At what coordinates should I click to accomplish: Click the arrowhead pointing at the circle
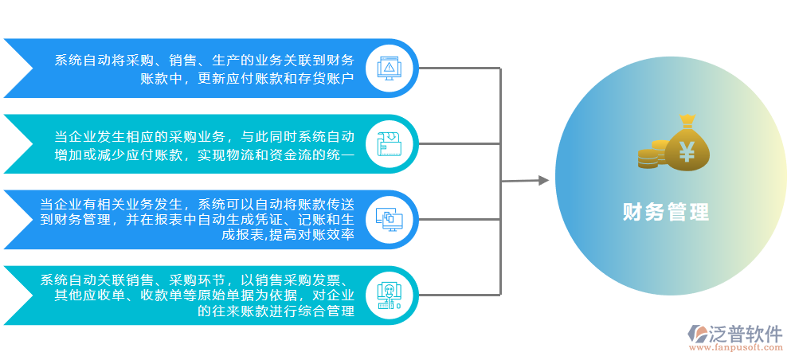[544, 181]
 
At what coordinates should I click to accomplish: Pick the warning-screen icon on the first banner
[389, 68]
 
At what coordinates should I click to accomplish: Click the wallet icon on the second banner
[389, 143]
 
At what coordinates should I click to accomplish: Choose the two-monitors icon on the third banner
[389, 218]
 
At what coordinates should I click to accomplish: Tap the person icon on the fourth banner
[389, 294]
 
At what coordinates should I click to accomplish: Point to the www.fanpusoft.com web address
[734, 348]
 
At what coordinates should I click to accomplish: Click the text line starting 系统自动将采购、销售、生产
[204, 60]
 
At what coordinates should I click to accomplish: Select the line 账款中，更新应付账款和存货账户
[247, 78]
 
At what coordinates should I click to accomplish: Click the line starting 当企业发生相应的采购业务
[204, 135]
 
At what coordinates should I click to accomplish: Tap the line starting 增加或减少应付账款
[204, 155]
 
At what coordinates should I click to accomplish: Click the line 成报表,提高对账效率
[288, 236]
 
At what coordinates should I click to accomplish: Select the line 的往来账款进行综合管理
[276, 311]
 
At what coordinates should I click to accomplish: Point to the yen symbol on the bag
[687, 150]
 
